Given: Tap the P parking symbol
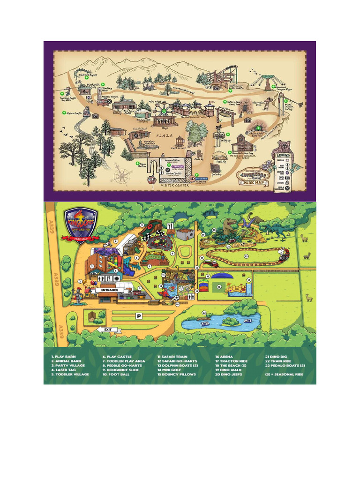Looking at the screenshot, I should (139, 316).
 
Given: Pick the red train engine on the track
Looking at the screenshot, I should (283, 254).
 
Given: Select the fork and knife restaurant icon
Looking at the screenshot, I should (170, 226).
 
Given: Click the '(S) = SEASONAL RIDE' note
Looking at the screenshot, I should (285, 375).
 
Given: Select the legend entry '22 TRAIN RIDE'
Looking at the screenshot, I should (280, 361).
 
